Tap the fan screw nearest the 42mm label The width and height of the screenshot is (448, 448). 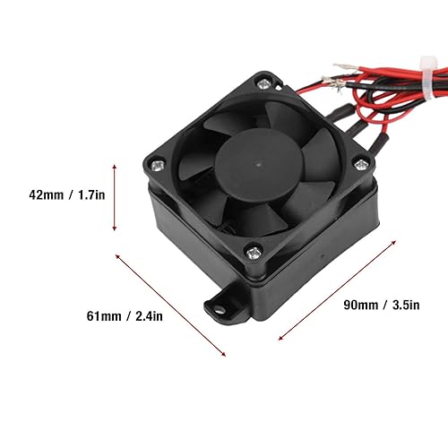pos(159,164)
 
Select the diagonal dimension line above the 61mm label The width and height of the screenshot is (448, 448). pos(171,304)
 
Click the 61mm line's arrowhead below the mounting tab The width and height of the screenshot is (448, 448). pos(223,355)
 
